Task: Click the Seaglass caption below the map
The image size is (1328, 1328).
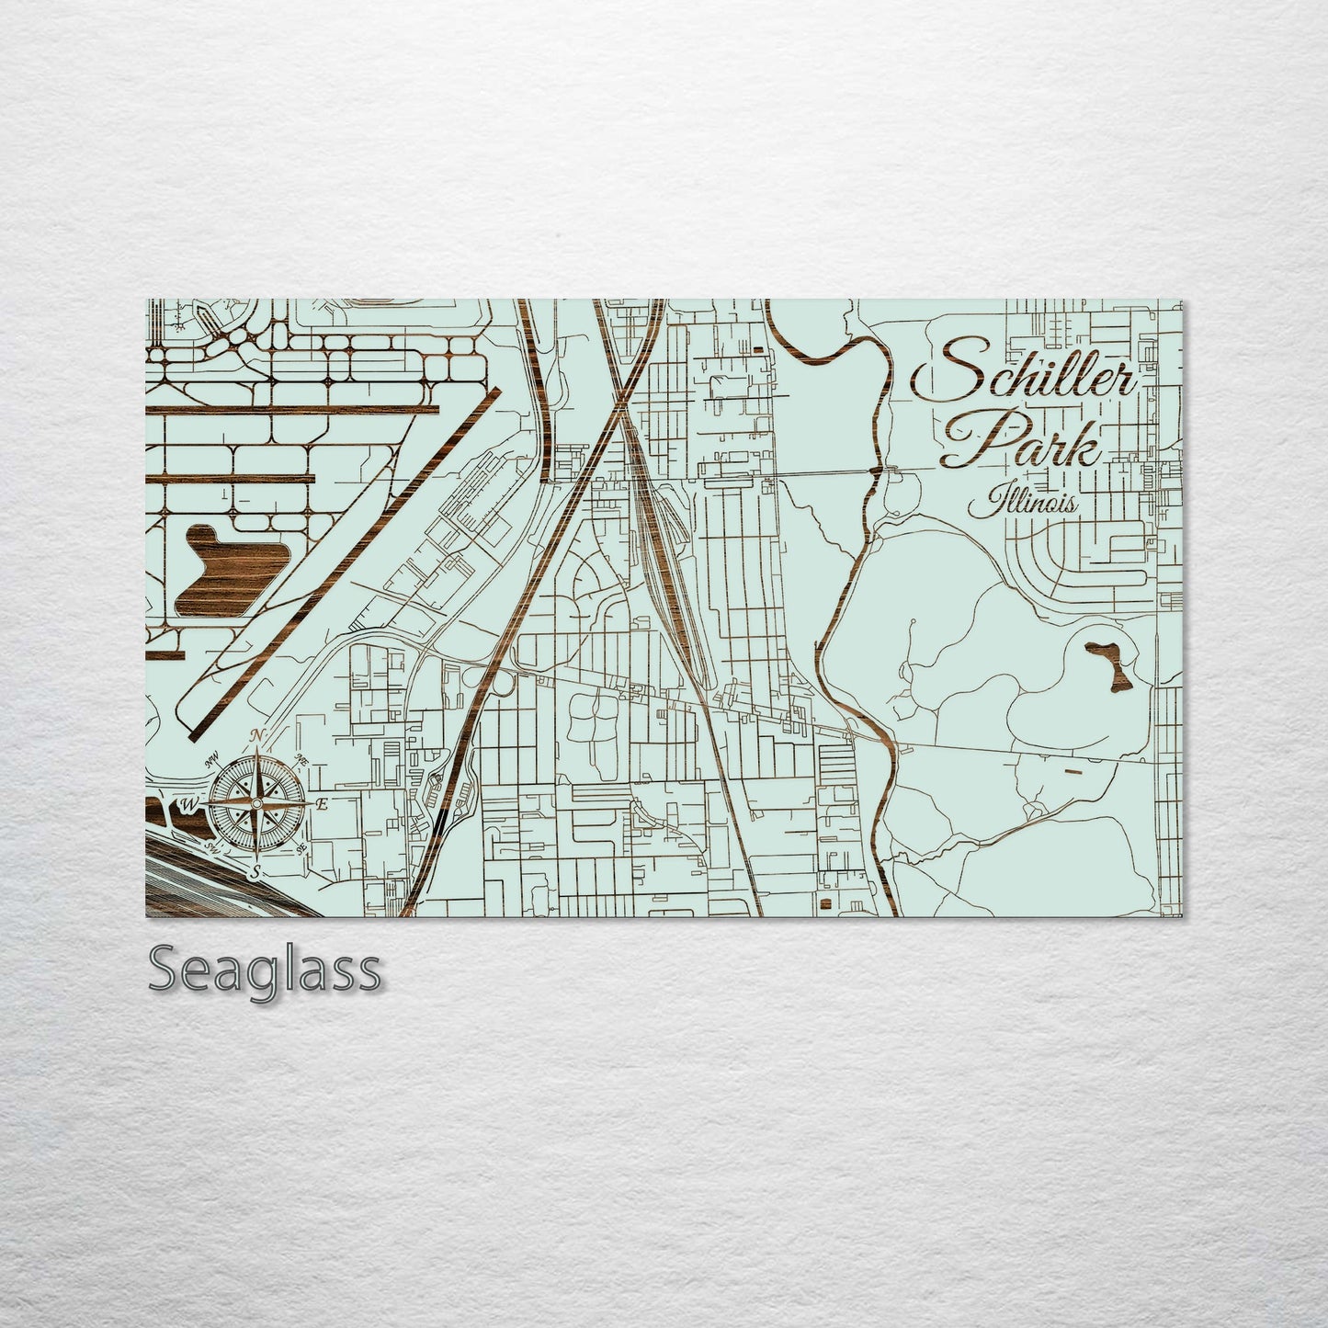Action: coord(264,970)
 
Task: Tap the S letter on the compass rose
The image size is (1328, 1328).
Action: coord(257,869)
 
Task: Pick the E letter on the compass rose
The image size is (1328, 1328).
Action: coord(322,804)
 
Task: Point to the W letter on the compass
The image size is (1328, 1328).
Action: coord(189,805)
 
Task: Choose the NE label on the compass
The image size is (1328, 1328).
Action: coord(301,759)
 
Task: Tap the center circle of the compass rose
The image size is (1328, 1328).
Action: coord(257,804)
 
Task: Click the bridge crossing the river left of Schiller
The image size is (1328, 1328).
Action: coord(877,471)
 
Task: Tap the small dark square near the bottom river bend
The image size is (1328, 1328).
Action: coord(825,905)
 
